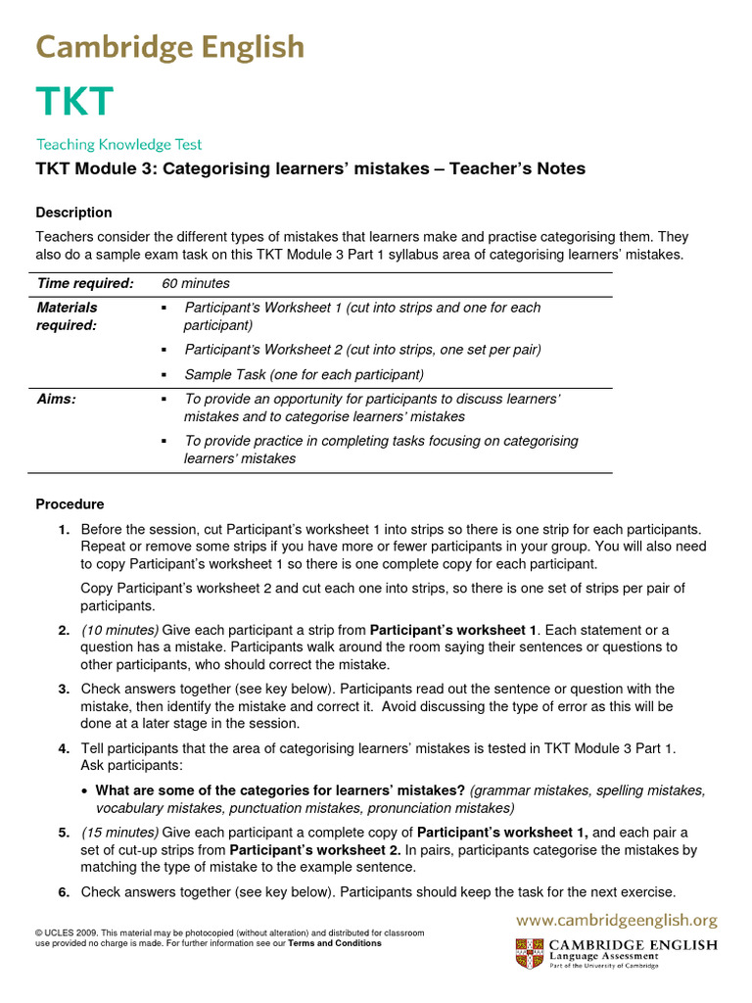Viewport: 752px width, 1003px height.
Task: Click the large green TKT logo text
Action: point(75,101)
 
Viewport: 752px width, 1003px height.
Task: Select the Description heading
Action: point(73,213)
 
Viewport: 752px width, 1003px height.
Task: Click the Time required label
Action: point(85,283)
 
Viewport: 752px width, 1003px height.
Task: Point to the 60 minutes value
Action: point(196,283)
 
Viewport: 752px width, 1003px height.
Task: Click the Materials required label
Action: point(67,316)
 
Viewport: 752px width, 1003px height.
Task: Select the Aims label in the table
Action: point(56,400)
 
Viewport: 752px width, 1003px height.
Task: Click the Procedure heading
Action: point(70,504)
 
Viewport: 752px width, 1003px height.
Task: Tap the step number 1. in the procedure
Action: point(64,529)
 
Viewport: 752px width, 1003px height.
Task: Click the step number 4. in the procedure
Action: point(64,748)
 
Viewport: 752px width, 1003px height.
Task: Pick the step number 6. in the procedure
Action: point(64,891)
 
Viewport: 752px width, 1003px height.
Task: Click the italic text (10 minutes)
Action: point(119,630)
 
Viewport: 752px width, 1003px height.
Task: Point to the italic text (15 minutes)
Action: point(119,832)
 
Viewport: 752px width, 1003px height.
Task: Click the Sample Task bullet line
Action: point(304,374)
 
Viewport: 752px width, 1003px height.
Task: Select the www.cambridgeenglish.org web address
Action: point(617,920)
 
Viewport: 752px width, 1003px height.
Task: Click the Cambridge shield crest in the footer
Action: point(527,954)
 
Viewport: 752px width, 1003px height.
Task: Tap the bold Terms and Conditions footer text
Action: point(334,943)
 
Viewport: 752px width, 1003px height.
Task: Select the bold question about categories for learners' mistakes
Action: point(280,790)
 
